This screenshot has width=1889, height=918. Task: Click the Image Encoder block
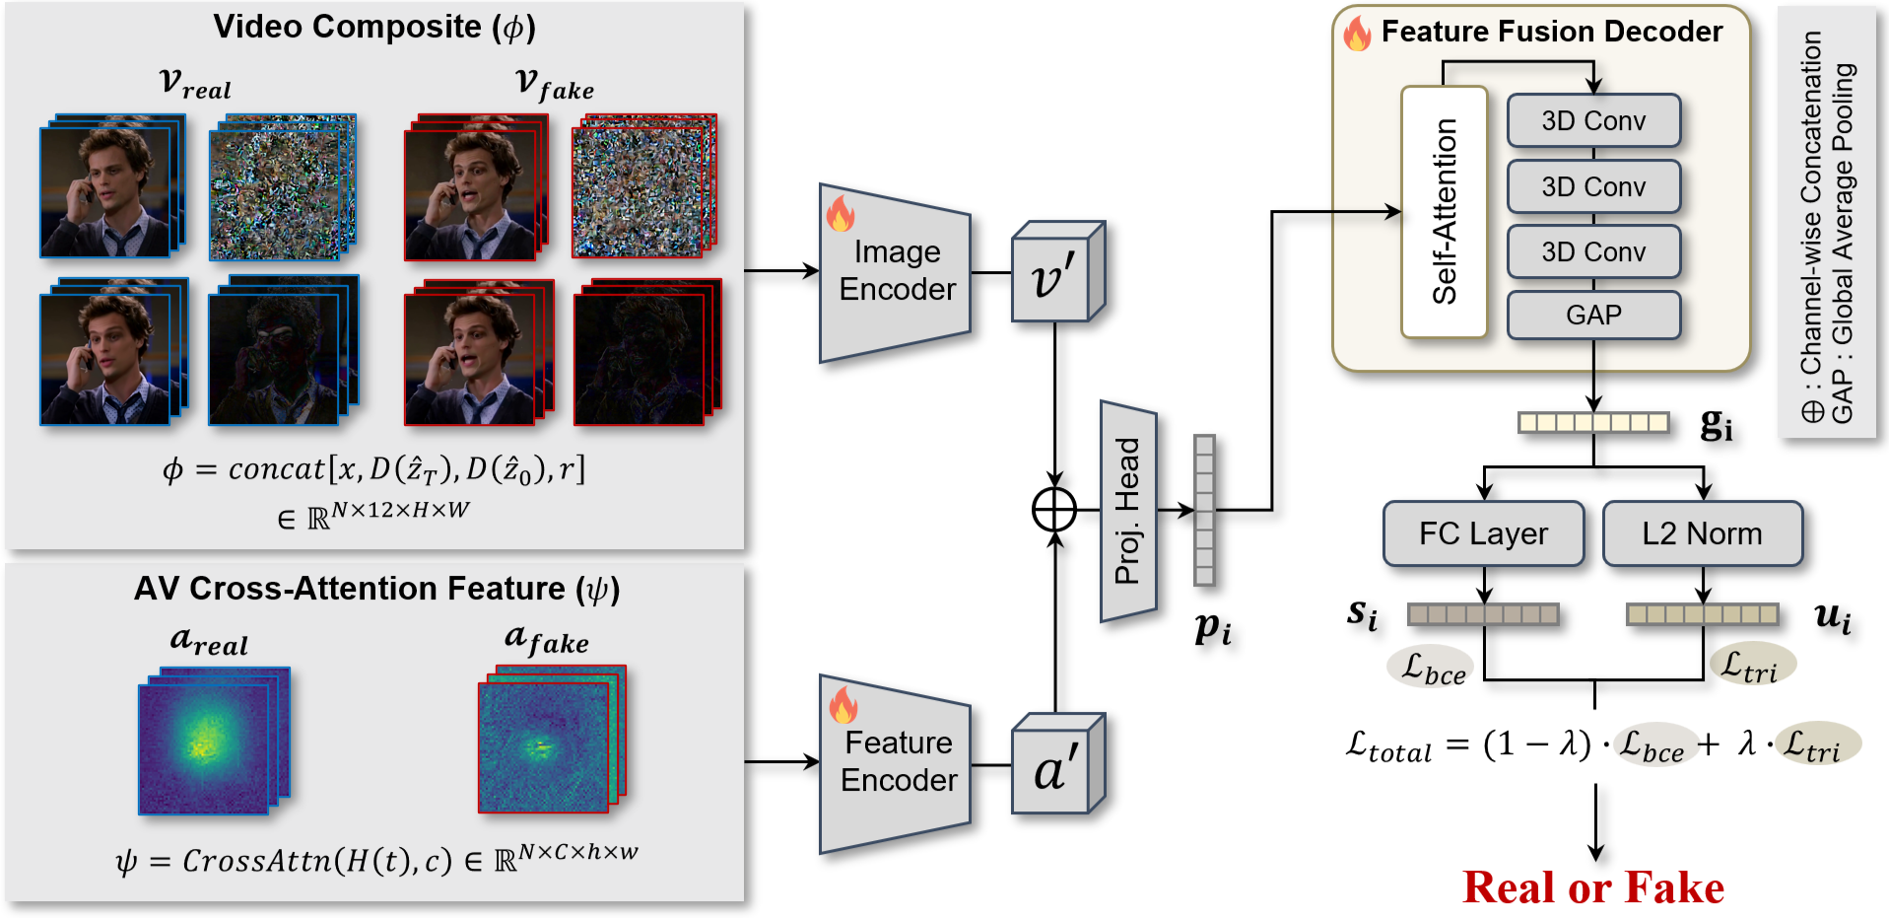point(895,272)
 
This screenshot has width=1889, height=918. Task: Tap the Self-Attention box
point(1444,212)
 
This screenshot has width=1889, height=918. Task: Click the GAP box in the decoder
point(1592,316)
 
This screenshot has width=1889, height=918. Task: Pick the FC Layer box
point(1483,533)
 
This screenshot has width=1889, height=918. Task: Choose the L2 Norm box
point(1702,533)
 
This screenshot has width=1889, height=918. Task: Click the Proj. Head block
point(1127,511)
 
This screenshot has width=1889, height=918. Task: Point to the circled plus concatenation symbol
point(1054,510)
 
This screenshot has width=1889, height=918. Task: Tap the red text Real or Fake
point(1592,887)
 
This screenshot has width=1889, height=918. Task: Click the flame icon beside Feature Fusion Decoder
point(1357,33)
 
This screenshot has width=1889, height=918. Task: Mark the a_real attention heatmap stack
point(212,741)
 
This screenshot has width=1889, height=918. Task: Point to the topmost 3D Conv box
point(1592,120)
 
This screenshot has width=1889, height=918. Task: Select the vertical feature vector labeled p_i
point(1204,510)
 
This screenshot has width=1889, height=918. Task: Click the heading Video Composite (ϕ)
point(374,28)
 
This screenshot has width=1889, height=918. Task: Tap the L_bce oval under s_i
point(1431,668)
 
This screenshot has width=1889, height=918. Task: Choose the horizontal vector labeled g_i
point(1592,423)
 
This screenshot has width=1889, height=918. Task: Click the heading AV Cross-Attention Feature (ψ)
point(376,589)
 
